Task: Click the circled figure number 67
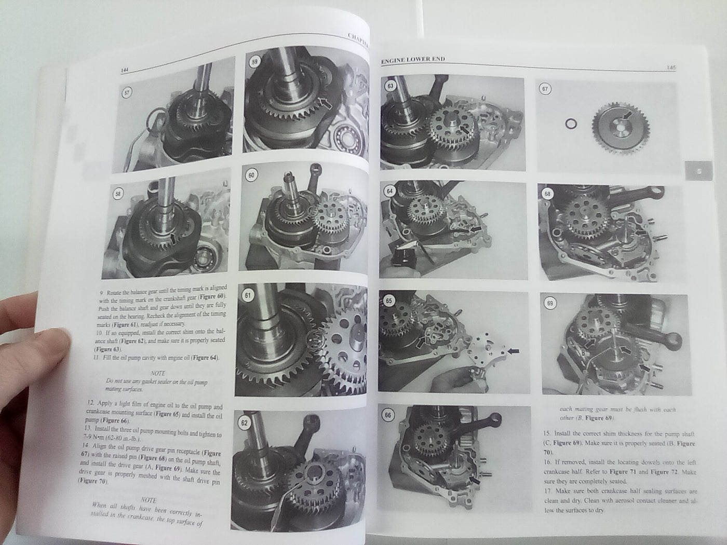pyautogui.click(x=544, y=89)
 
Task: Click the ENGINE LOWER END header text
pyautogui.click(x=413, y=60)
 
